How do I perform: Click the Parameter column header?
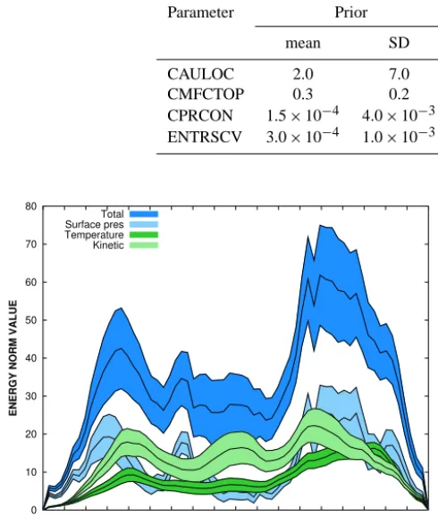pos(200,12)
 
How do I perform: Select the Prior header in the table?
pos(351,12)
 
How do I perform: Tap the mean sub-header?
pos(303,43)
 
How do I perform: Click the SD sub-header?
pos(399,43)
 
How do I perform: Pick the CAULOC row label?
pos(200,74)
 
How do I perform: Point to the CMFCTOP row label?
pos(206,95)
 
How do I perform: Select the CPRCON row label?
pos(200,115)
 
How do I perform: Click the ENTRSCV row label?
pos(205,137)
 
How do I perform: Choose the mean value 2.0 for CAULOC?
pos(303,74)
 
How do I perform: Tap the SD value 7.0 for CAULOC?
pos(399,74)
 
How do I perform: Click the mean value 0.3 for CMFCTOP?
pos(303,95)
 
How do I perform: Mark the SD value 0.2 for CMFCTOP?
pos(399,95)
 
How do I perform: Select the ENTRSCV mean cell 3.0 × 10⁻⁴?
pos(302,136)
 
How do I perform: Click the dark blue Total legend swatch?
pos(144,214)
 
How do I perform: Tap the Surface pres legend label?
pos(94,224)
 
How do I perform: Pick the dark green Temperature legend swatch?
pos(144,235)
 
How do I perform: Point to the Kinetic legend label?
pos(108,246)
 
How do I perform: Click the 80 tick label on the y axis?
pos(31,206)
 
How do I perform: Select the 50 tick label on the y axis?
pos(31,320)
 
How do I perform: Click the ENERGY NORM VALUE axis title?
pos(13,358)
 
